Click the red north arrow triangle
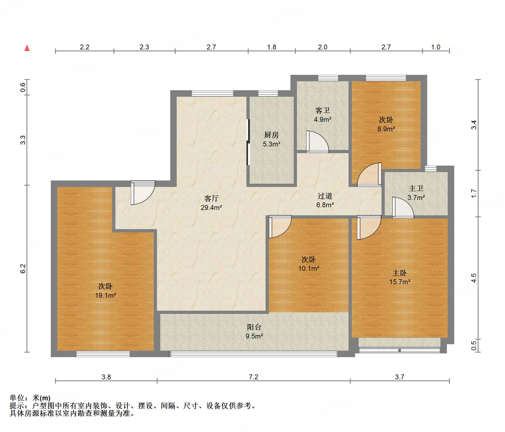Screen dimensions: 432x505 [27, 48]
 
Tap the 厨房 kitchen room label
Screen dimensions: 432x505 [271, 135]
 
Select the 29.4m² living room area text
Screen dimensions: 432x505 [211, 207]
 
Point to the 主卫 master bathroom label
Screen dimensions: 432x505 [416, 188]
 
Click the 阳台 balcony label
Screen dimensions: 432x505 [254, 327]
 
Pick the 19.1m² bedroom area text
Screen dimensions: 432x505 [105, 295]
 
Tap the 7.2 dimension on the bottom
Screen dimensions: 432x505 [253, 377]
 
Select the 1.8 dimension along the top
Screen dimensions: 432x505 [272, 47]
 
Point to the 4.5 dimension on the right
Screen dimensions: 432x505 [474, 278]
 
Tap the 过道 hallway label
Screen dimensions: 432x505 [325, 196]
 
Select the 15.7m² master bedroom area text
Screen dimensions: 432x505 [400, 282]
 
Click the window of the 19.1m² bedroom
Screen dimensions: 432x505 [103, 354]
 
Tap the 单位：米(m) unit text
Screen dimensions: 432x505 [30, 398]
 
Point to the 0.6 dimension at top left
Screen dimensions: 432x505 [23, 87]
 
